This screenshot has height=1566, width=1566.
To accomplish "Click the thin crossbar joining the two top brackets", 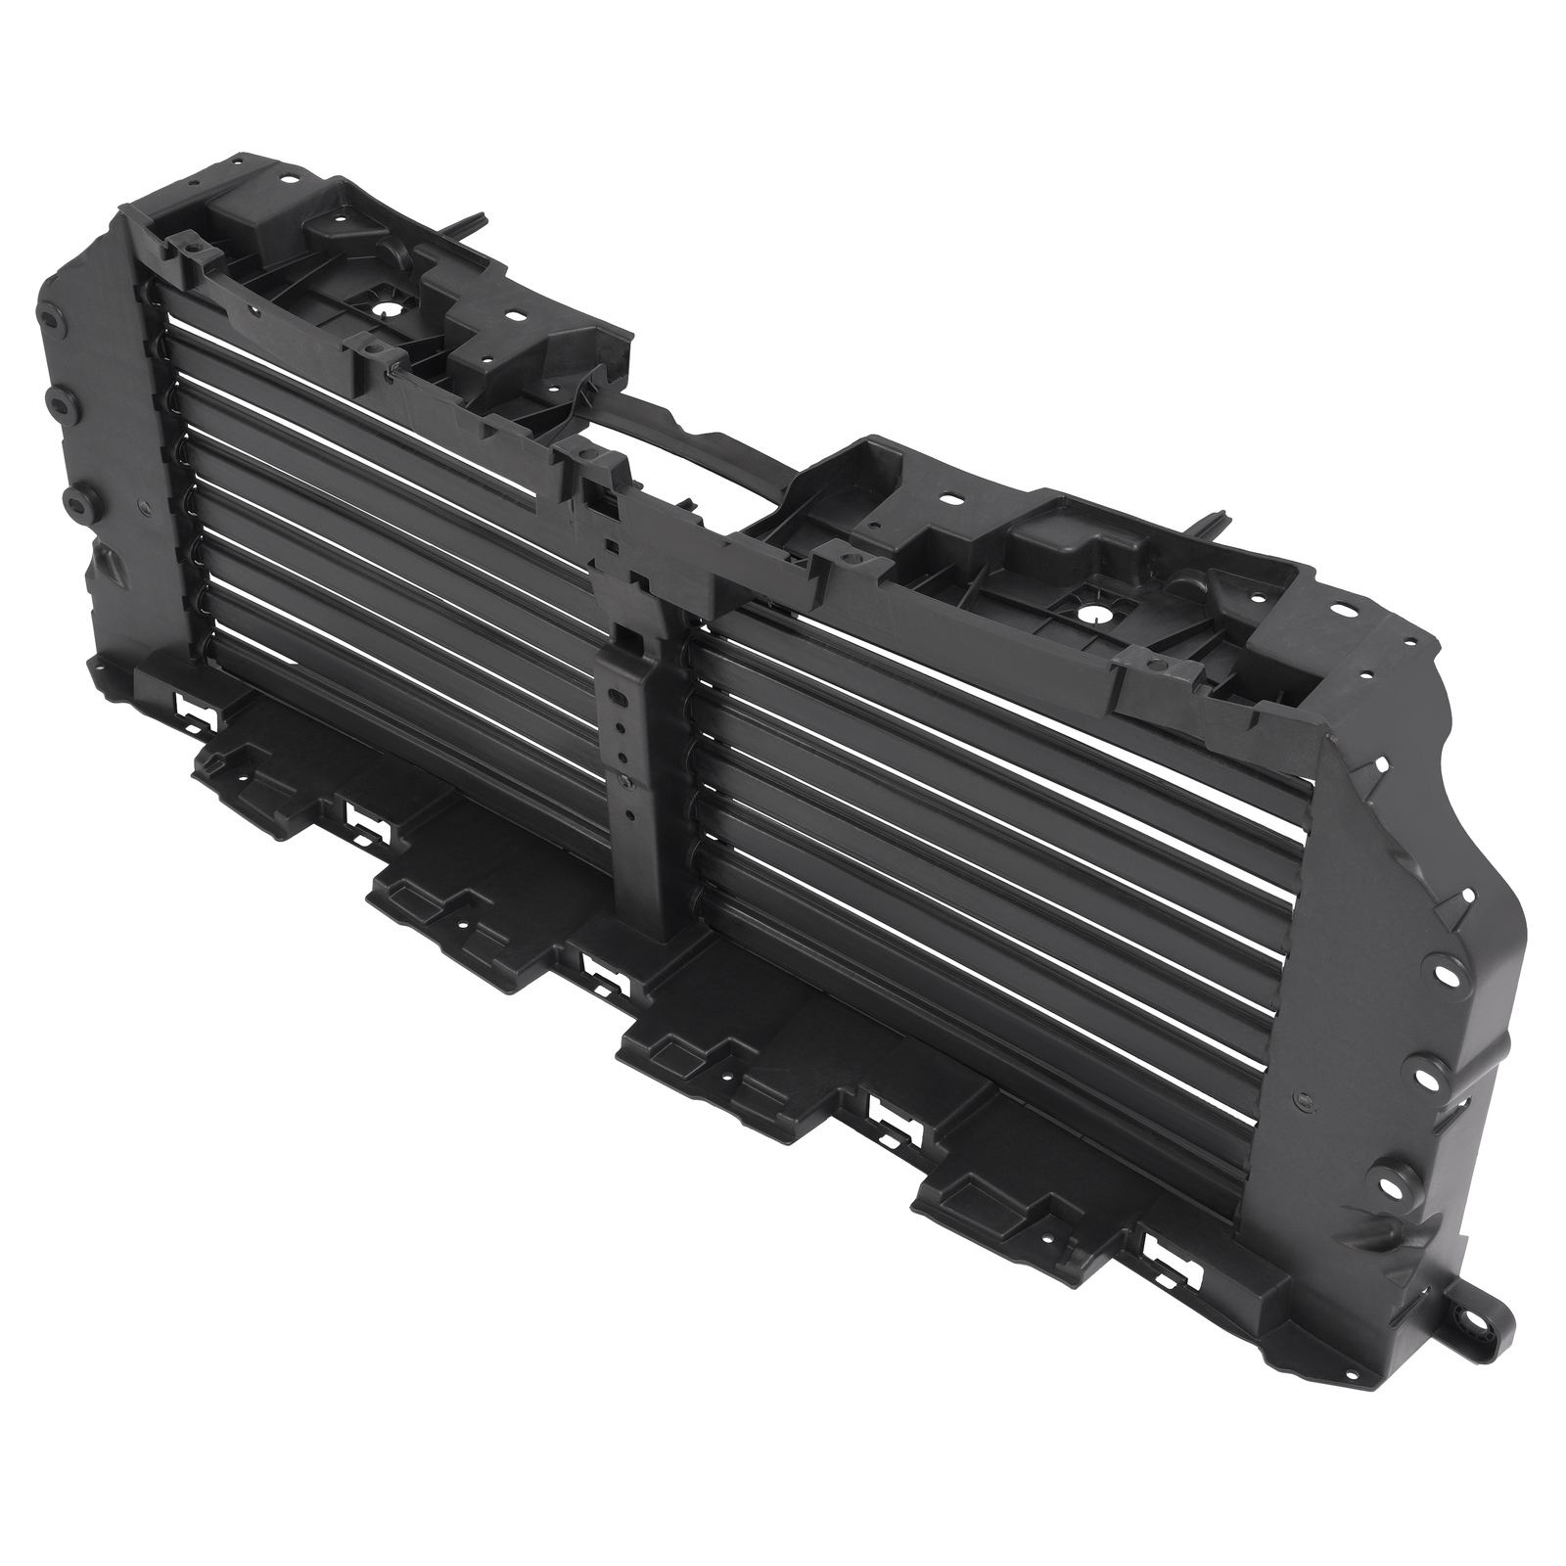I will [685, 430].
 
